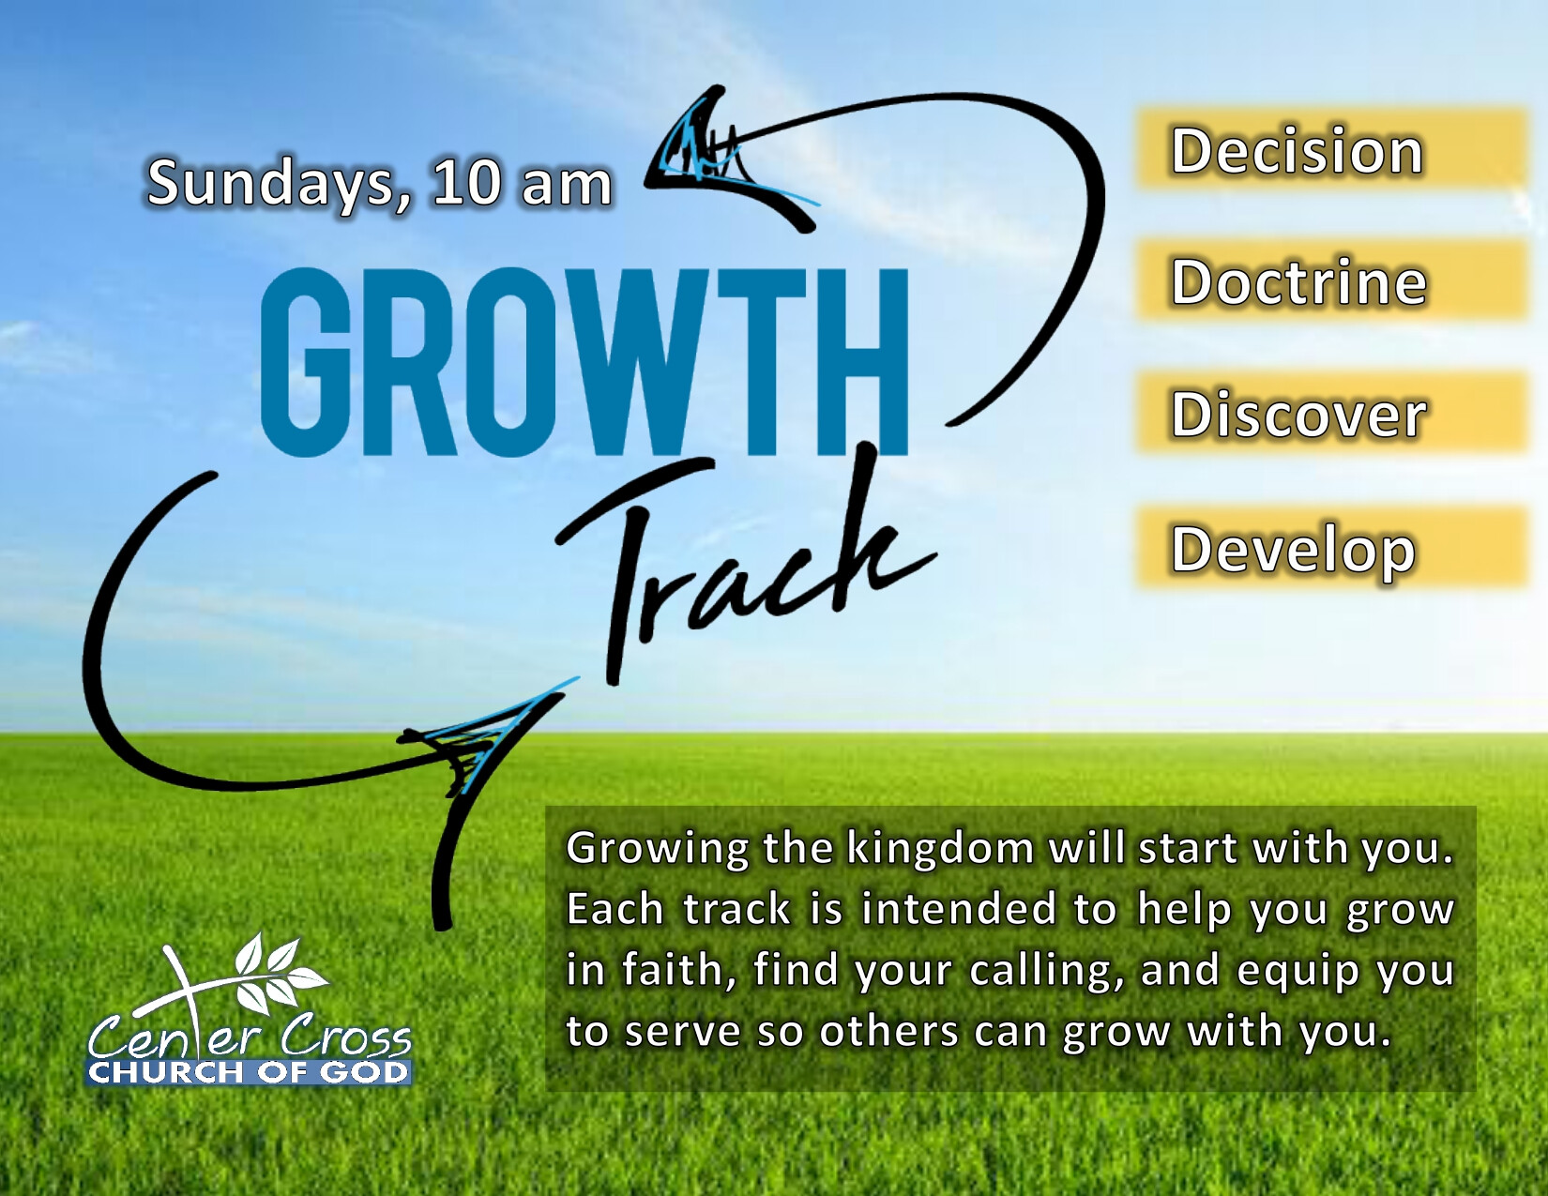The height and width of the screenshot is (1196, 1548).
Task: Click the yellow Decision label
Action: [1330, 148]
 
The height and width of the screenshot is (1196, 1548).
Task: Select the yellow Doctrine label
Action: [1330, 280]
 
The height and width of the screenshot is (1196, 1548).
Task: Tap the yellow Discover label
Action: [1330, 412]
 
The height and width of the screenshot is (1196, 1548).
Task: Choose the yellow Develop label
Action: [1330, 547]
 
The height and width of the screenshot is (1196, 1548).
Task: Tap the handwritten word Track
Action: [744, 563]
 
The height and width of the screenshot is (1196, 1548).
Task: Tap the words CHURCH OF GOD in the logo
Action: [248, 1072]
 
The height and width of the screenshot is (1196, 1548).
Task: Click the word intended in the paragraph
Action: [958, 909]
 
